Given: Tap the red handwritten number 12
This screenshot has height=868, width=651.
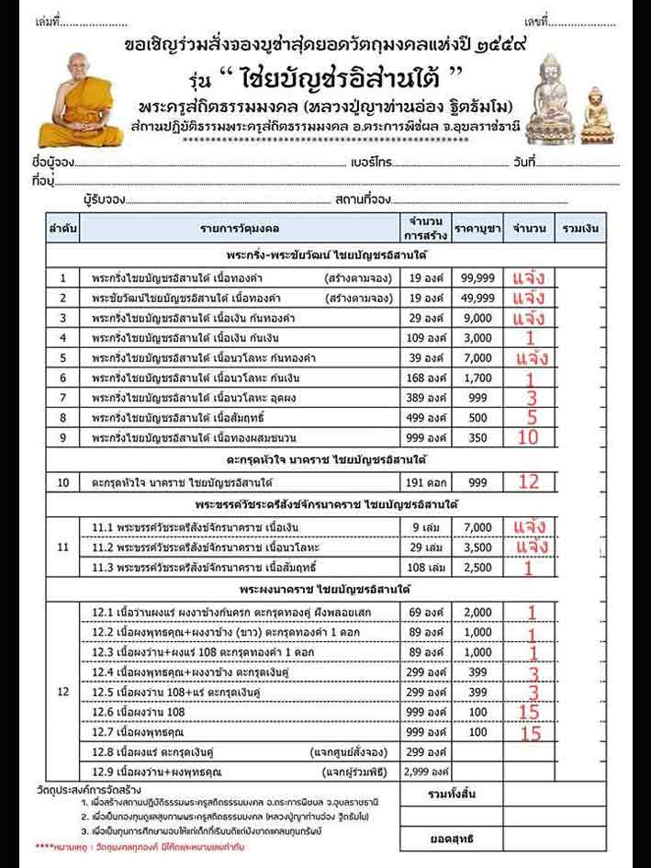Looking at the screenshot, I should pyautogui.click(x=528, y=480).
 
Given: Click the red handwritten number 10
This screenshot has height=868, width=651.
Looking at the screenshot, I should pyautogui.click(x=528, y=437).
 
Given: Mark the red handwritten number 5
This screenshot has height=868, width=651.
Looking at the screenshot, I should pyautogui.click(x=530, y=417).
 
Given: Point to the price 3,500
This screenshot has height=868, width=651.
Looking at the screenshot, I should pyautogui.click(x=477, y=547).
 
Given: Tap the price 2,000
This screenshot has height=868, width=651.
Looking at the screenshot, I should pyautogui.click(x=477, y=612).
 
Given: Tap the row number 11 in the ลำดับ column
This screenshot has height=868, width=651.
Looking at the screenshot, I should pyautogui.click(x=62, y=547).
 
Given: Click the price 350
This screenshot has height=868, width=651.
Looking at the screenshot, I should pyautogui.click(x=477, y=437).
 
